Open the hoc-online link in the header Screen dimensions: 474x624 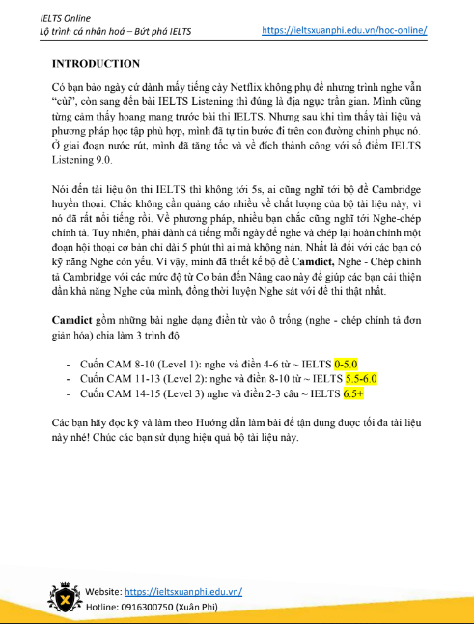tap(345, 30)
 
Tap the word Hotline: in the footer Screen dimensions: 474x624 tap(104, 606)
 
